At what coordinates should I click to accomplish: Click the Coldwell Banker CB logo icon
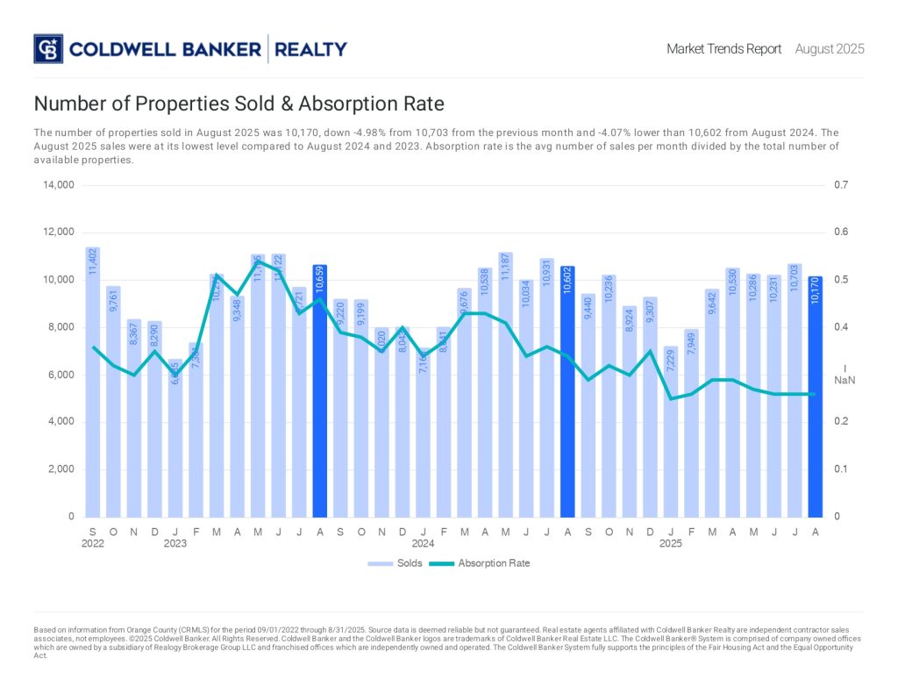point(48,48)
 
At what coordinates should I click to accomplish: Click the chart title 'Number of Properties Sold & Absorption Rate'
point(239,104)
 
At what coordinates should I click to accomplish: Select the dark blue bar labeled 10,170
point(815,396)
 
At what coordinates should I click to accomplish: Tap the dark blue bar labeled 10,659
point(319,390)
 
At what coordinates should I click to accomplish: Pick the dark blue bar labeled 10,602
point(567,391)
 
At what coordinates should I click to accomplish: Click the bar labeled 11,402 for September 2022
point(93,382)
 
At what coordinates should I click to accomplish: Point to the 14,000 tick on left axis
point(59,185)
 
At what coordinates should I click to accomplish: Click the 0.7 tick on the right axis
point(841,185)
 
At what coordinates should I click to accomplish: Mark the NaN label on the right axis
point(844,381)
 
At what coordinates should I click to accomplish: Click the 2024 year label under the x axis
point(424,544)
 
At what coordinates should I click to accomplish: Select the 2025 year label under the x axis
point(671,544)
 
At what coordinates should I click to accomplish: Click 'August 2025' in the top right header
point(830,49)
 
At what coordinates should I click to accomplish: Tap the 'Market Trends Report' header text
point(723,49)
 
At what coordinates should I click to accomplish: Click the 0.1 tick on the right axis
point(841,469)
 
